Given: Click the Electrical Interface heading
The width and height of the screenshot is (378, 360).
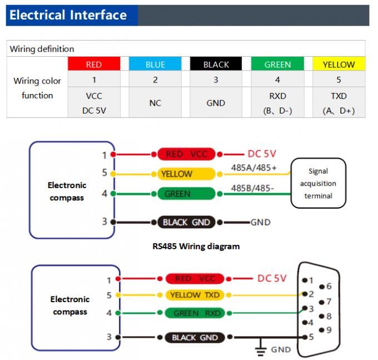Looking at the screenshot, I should (68, 15).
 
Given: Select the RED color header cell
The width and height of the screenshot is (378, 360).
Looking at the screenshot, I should (94, 65).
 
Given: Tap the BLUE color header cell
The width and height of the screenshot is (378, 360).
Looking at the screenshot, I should (155, 65).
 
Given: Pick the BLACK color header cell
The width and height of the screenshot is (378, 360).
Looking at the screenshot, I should (216, 65).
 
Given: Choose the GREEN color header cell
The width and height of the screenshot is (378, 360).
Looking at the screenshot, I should (277, 65).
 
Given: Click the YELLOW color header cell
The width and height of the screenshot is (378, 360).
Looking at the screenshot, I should (339, 65).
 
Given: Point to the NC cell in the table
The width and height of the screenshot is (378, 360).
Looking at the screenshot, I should (155, 103).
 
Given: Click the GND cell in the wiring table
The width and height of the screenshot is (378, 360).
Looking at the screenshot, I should (216, 103).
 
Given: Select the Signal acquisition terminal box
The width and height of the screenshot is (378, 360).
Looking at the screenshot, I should (319, 184).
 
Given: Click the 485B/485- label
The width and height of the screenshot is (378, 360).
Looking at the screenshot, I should (253, 188).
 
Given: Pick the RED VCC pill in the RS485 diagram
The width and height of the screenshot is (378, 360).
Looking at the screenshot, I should (186, 154).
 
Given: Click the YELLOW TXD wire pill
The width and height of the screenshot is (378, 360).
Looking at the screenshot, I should (195, 295).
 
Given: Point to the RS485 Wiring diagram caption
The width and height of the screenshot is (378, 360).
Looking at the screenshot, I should (196, 246).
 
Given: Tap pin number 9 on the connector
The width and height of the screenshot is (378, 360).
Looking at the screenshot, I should (329, 330).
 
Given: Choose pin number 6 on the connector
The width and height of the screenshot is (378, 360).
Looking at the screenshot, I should (329, 287).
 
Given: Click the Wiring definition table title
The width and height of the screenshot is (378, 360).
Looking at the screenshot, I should (42, 49).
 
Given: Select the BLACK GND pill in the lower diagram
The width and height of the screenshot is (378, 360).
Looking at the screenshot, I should (195, 337).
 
